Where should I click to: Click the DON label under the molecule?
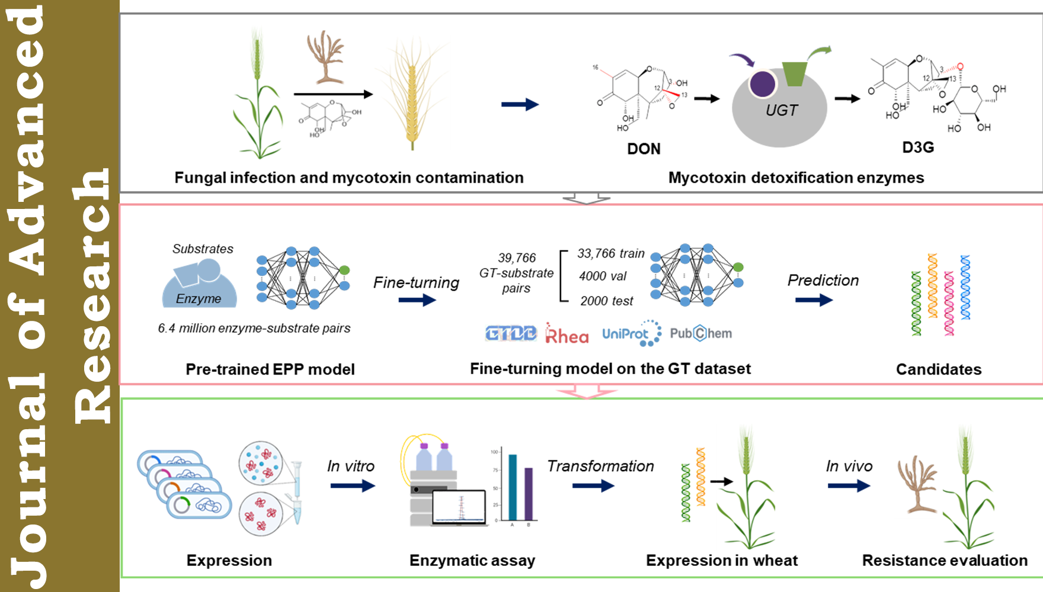[x=644, y=149]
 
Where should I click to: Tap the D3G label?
[x=918, y=147]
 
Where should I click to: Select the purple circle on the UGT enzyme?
[x=762, y=84]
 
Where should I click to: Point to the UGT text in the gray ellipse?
[x=781, y=111]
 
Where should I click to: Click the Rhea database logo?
[x=567, y=334]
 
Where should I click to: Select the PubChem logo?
[x=701, y=333]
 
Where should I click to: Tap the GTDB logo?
[x=511, y=334]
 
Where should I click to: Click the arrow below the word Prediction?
[x=814, y=300]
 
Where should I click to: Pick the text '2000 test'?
[x=606, y=301]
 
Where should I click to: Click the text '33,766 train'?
[x=610, y=253]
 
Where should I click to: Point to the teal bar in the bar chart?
[x=513, y=487]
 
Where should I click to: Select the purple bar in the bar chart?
[x=529, y=494]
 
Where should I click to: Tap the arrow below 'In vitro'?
[x=353, y=486]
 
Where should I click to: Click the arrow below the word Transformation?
[x=593, y=486]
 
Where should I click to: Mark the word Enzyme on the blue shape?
[x=199, y=299]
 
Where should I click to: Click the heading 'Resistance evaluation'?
[x=945, y=560]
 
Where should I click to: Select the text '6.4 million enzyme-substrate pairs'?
[x=254, y=328]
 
